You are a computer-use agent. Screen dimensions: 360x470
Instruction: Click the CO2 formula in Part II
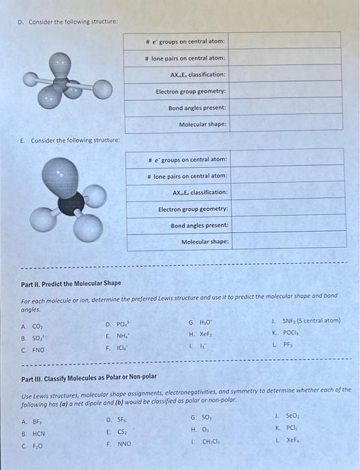[x=37, y=328]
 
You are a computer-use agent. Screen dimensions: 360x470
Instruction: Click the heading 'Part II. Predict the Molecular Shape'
[x=72, y=283]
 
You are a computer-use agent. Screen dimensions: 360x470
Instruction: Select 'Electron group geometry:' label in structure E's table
[x=193, y=209]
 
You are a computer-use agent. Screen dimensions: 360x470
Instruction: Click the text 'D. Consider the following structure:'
[x=67, y=23]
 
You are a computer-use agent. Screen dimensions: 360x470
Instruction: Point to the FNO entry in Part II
[x=38, y=350]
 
